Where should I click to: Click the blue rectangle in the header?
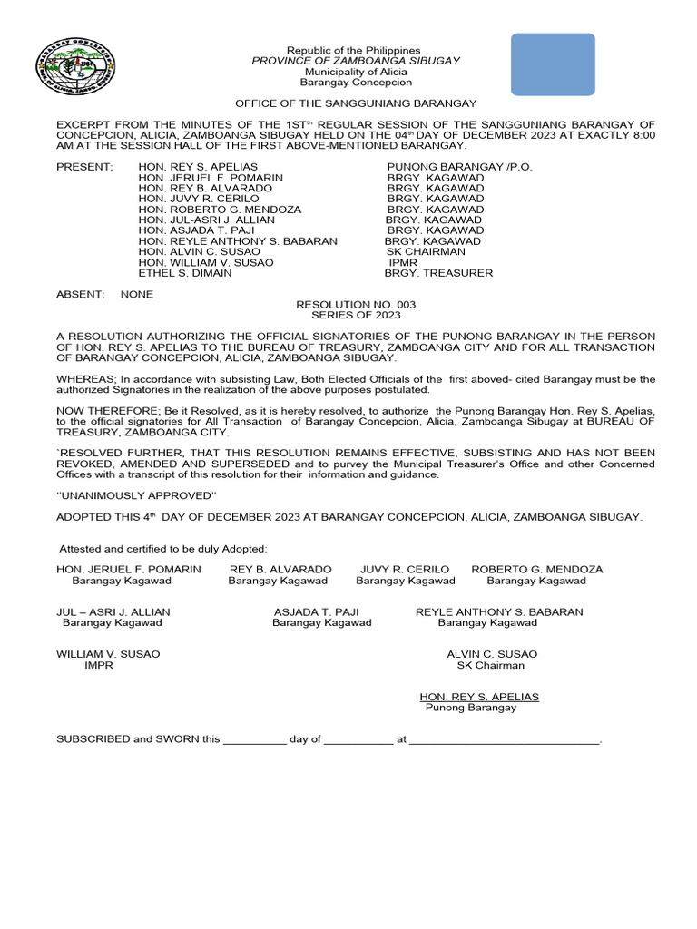coord(553,64)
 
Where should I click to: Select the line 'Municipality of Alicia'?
coord(355,72)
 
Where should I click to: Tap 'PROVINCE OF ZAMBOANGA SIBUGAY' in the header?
coord(355,61)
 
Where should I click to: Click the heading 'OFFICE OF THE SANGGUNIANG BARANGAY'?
coord(356,104)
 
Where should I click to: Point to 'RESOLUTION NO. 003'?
coord(356,305)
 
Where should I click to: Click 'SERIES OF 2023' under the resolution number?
coord(356,316)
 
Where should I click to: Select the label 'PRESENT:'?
coord(84,168)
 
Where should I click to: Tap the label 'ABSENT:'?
coord(80,295)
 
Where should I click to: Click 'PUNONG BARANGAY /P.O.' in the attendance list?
coord(459,168)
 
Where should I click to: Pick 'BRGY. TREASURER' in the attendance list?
coord(438,273)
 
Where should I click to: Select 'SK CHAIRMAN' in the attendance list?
coord(426,252)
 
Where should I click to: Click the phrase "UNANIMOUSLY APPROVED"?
coord(137,495)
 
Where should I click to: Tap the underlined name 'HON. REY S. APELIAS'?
coord(478,697)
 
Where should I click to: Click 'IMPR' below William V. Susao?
coord(99,665)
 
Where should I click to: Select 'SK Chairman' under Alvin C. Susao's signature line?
coord(490,665)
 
